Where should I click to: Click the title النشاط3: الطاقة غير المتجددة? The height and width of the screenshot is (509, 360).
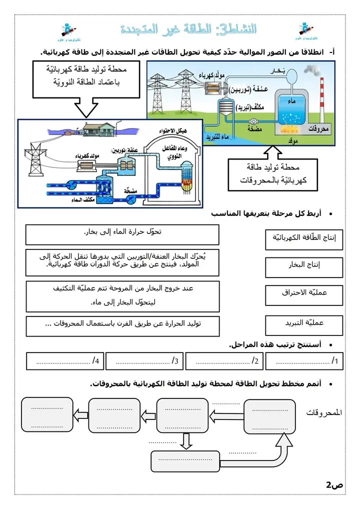click(x=189, y=29)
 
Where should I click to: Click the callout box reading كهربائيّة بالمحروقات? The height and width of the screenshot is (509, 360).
click(x=272, y=174)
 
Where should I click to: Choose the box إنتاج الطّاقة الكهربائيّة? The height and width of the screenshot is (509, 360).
click(x=304, y=238)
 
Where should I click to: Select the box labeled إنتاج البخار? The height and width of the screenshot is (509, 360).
click(x=304, y=266)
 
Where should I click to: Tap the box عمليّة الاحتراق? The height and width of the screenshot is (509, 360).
click(x=304, y=294)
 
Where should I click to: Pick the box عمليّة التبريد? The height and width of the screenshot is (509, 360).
click(x=304, y=323)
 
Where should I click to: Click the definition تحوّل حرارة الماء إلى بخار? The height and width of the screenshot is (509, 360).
click(x=122, y=233)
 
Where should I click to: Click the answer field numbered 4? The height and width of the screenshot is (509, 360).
click(x=65, y=360)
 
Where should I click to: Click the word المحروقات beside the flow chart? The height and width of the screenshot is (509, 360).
click(x=325, y=413)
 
